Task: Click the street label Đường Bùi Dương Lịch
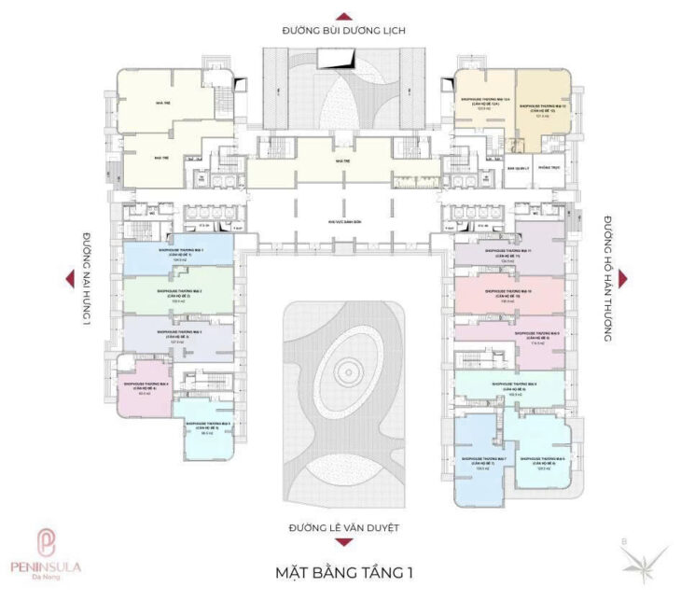(344, 31)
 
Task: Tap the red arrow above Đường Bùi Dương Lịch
(344, 15)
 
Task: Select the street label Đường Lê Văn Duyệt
(344, 528)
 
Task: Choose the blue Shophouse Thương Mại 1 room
(176, 254)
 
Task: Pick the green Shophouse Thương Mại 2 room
(176, 294)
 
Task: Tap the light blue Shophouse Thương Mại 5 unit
(206, 430)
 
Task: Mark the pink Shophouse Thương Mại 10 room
(508, 295)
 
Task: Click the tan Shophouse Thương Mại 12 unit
(542, 107)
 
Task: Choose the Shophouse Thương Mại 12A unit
(484, 104)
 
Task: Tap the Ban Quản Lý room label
(518, 170)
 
